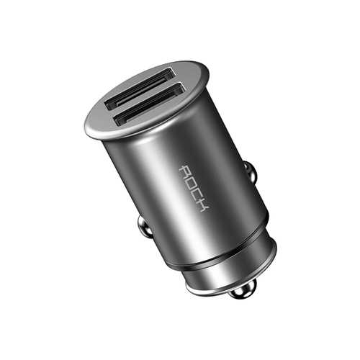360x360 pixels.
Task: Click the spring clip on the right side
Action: [x=250, y=171]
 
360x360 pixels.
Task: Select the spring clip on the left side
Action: [x=145, y=228]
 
